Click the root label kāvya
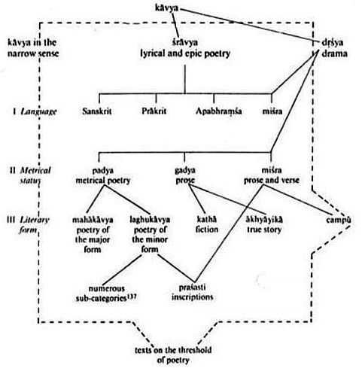coord(167,8)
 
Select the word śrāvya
coord(185,42)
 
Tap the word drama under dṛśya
coord(334,53)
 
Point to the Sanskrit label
coord(97,111)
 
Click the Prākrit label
coord(154,111)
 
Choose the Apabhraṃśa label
coord(219,111)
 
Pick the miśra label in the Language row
coord(272,111)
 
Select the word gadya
coord(185,171)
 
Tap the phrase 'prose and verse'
coord(272,181)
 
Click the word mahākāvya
coord(93,220)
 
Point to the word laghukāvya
coord(150,220)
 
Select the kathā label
coord(206,220)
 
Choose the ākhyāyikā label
coord(264,220)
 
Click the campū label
coord(339,220)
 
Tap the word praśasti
coord(193,287)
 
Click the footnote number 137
coord(132,297)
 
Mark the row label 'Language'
coord(38,111)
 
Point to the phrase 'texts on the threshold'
coord(173,350)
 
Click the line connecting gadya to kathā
coord(197,198)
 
